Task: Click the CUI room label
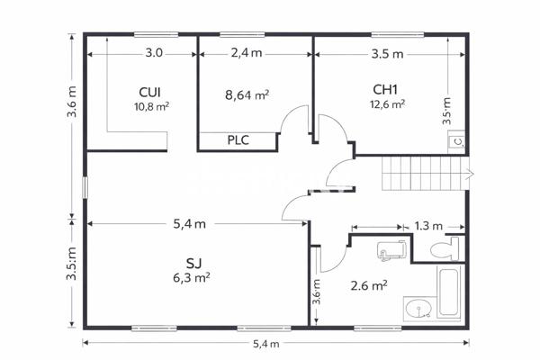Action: coord(150,92)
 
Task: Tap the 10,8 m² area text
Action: coord(150,105)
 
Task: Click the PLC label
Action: coord(238,140)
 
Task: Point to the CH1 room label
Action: coord(386,89)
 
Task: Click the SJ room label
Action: coord(193,263)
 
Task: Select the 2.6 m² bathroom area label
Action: coord(369,285)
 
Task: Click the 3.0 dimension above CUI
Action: coord(154,53)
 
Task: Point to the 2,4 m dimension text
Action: coord(246,53)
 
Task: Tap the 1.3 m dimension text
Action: coord(429,225)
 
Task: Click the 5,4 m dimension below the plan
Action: coord(265,343)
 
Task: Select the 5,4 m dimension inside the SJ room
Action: coord(189,223)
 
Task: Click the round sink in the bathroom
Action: coord(418,310)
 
